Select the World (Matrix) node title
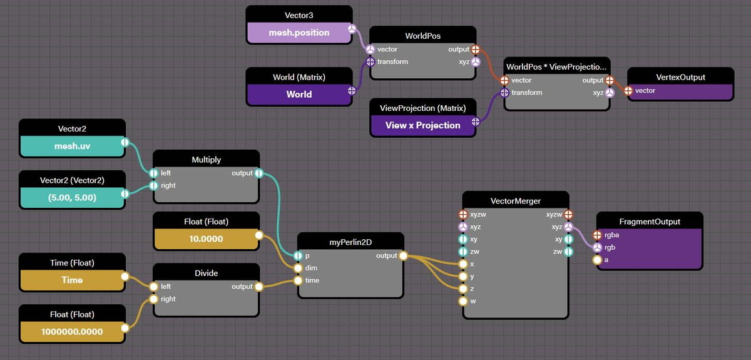[299, 77]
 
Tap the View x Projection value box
[422, 125]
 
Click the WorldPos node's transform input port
[370, 62]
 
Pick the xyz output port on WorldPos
[476, 62]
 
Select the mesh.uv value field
[72, 147]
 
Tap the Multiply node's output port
[259, 173]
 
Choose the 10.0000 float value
[206, 239]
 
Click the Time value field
[72, 280]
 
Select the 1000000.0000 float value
[72, 331]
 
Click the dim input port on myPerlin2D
[298, 268]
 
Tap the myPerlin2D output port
[403, 256]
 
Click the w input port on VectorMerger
[463, 301]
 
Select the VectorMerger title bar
[515, 201]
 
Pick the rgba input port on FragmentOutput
[597, 235]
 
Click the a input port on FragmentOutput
[597, 260]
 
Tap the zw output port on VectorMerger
[568, 252]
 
